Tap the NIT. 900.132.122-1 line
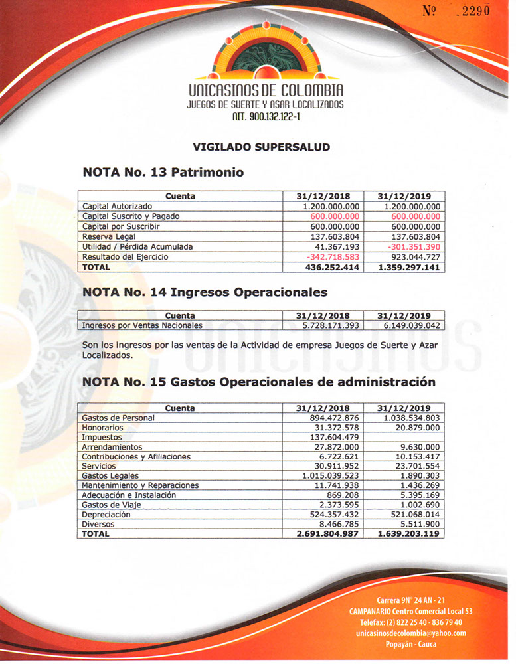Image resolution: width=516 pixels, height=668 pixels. [265, 117]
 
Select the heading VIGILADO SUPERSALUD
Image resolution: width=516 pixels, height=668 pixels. [261, 147]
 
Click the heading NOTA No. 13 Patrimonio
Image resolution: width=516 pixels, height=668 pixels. [163, 173]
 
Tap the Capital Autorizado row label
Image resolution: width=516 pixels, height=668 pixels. [117, 207]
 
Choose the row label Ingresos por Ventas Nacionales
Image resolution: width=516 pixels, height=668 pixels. [142, 326]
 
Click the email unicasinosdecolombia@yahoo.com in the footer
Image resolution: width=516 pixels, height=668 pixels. [411, 633]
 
